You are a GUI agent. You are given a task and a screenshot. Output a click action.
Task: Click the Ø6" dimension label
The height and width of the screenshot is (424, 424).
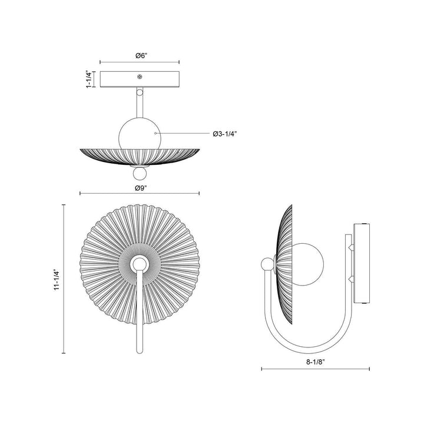[x=141, y=56]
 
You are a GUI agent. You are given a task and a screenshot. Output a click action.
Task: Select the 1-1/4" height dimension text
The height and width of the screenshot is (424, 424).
[x=89, y=79]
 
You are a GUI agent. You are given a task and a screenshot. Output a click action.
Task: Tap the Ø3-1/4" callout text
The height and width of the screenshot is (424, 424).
[x=225, y=134]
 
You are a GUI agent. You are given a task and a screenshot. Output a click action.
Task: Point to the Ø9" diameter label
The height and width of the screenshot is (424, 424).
[x=141, y=188]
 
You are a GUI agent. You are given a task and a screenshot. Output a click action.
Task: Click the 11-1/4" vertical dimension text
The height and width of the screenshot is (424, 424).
[x=57, y=280]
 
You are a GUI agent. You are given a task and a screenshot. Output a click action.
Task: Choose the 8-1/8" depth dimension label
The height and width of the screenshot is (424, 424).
[x=315, y=362]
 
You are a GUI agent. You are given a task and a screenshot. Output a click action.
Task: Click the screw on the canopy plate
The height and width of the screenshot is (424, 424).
[x=140, y=77]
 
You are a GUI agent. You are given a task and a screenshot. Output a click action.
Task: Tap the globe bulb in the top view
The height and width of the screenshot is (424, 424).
[x=140, y=134]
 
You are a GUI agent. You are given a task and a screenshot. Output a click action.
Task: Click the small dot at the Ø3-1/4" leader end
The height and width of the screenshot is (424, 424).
[x=155, y=133]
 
